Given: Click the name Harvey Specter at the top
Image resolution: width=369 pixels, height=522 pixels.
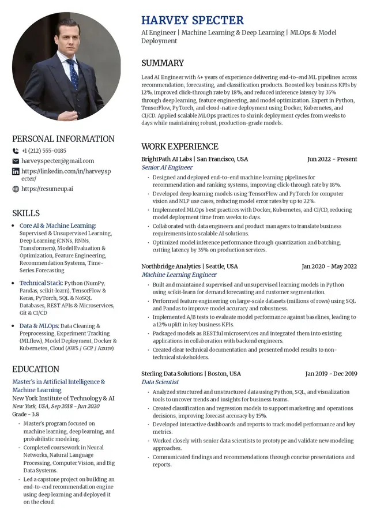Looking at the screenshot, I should coord(193,20).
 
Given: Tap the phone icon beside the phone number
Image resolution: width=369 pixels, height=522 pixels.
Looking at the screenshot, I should coord(16,151).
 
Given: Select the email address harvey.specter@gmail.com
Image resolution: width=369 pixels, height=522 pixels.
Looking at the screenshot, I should coord(57,161).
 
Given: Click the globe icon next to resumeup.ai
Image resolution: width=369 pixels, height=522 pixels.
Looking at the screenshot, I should coord(16,189).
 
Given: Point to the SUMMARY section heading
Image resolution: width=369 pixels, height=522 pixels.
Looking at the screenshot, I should coord(163,63).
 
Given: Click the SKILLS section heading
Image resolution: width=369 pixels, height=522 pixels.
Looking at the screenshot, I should coord(26,213).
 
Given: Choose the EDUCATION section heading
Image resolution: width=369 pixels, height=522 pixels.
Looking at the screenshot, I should coord(36,369).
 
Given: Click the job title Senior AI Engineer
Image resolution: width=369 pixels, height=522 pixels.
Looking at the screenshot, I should coord(167,167).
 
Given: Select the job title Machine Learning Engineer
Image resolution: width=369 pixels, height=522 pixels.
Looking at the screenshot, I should coord(179,275).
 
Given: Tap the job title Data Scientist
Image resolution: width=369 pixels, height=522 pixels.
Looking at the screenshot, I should coord(160,382).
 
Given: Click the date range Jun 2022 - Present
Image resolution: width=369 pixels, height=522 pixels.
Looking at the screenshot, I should coord(332,159).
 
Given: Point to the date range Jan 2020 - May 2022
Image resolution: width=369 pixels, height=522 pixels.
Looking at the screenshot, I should coord(329,266).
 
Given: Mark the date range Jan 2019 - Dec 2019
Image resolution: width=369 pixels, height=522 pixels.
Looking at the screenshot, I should coord(331,374).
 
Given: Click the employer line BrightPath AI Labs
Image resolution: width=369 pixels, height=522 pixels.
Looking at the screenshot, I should coord(194,159).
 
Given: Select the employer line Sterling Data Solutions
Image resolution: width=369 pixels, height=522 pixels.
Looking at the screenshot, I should coord(191,374).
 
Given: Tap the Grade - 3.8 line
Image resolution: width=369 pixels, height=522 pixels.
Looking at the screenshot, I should coord(26,414).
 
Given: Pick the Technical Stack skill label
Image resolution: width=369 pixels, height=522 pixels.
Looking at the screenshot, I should coord(41,283).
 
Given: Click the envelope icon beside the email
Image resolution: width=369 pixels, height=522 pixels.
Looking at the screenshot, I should coord(16,161).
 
